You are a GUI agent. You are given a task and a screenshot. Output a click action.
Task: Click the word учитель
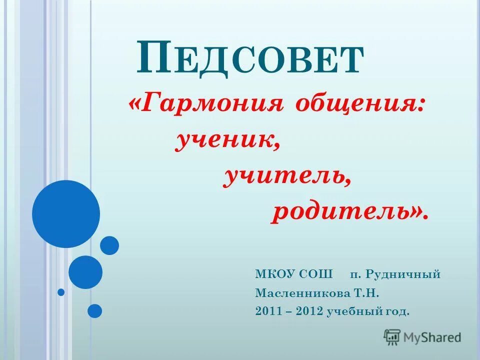coord(285,177)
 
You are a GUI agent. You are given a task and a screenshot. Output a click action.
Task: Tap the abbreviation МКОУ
coord(276,274)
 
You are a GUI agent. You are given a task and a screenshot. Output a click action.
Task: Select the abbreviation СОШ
coord(317,274)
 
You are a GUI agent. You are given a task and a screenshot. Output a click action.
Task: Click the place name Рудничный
coord(403,274)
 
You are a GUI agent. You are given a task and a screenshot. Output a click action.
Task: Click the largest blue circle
coord(66,214)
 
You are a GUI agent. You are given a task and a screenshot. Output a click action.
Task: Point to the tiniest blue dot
coord(61,292)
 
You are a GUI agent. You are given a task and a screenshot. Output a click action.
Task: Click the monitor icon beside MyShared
coord(392,337)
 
